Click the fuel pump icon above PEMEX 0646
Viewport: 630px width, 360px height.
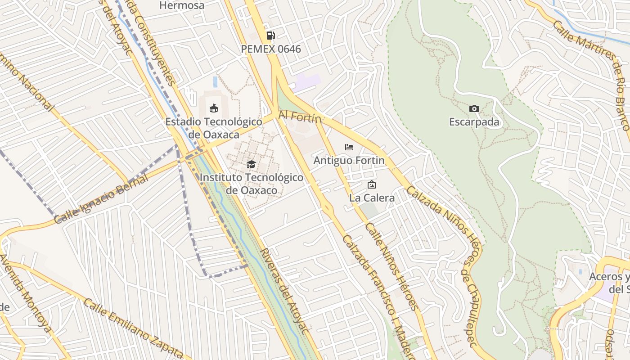pyautogui.click(x=270, y=36)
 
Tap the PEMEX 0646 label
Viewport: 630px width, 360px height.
pyautogui.click(x=271, y=49)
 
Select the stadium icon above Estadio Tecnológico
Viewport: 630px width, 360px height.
pyautogui.click(x=214, y=108)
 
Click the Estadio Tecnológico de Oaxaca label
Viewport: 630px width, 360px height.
pyautogui.click(x=214, y=128)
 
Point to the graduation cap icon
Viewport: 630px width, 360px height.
pyautogui.click(x=251, y=165)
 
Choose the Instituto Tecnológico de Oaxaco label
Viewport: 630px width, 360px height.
pyautogui.click(x=251, y=184)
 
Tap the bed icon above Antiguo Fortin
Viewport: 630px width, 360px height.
pyautogui.click(x=349, y=147)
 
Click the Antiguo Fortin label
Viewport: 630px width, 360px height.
pyautogui.click(x=349, y=161)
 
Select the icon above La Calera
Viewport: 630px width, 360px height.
pyautogui.click(x=372, y=184)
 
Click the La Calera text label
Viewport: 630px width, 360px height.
pyautogui.click(x=372, y=198)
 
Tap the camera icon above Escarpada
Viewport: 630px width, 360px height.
pyautogui.click(x=474, y=108)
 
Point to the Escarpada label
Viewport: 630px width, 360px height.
pyautogui.click(x=474, y=122)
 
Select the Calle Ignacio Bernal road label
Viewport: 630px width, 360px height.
pyautogui.click(x=101, y=199)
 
